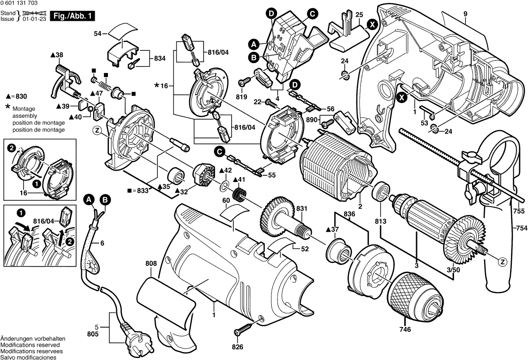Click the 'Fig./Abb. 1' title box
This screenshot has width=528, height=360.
tap(73, 16)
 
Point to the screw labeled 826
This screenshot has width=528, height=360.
tap(244, 328)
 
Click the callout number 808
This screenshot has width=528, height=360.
tap(151, 264)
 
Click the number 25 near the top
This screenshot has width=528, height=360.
tap(359, 14)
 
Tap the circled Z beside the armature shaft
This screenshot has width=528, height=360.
tap(502, 261)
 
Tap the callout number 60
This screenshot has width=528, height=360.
tap(226, 200)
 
